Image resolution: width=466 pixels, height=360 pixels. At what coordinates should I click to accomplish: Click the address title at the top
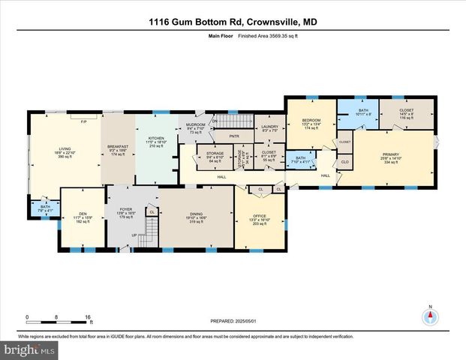click(233, 23)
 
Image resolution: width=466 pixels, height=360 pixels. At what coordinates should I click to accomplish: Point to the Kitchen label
click(156, 139)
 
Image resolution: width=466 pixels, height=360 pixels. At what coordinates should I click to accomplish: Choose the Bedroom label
click(311, 121)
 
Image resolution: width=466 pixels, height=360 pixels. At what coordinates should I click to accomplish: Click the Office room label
click(259, 217)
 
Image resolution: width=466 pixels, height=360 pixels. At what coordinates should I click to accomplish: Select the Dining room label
click(197, 214)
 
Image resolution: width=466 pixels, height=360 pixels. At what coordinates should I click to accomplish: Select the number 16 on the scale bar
click(88, 316)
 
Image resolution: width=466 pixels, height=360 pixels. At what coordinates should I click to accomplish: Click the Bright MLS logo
click(29, 350)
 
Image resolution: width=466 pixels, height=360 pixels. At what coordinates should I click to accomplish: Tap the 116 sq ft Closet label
click(407, 115)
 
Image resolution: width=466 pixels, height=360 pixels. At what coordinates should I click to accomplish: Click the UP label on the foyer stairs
click(135, 235)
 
